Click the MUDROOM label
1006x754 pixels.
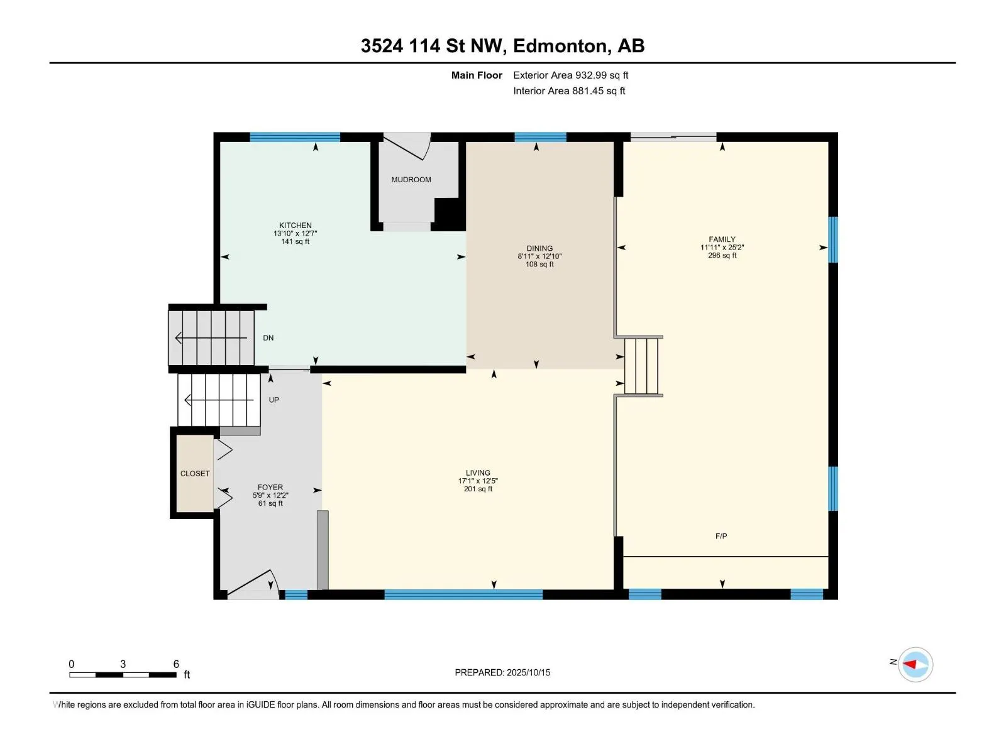411,180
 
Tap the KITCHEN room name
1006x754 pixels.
295,225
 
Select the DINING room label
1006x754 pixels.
539,248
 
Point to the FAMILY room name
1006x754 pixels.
722,239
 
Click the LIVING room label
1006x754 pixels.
478,473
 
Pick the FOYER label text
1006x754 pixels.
270,487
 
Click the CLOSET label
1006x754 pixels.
195,473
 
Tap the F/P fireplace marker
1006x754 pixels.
721,535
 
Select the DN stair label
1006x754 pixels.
268,338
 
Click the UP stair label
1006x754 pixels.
274,400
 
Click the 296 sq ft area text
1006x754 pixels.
722,256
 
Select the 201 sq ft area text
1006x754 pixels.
478,489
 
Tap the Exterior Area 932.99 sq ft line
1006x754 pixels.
571,75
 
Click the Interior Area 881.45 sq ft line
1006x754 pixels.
569,90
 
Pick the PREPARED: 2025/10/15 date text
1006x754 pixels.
502,672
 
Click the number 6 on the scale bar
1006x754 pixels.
176,664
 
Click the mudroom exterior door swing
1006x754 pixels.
407,146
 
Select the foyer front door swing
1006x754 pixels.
253,584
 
